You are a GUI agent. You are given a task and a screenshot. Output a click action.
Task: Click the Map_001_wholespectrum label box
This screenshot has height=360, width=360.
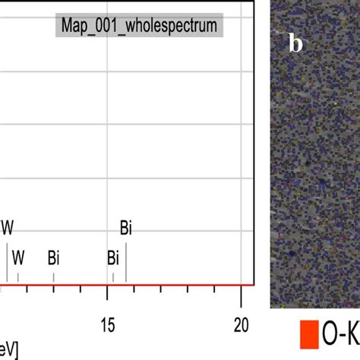138,27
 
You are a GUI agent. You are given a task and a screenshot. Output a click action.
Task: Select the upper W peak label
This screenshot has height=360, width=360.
8,227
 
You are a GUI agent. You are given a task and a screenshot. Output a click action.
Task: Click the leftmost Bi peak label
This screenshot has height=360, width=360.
53,257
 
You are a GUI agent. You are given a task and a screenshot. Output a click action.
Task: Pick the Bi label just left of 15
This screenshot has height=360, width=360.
113,257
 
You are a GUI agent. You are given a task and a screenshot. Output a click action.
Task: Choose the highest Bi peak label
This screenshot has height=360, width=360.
126,227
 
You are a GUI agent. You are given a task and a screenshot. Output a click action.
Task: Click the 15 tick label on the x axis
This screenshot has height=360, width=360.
108,324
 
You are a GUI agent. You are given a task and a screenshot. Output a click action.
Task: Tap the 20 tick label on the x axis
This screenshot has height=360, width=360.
241,324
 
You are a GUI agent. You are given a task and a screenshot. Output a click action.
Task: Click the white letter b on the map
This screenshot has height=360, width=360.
296,44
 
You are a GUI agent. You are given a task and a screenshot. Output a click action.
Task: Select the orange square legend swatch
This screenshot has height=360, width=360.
308,334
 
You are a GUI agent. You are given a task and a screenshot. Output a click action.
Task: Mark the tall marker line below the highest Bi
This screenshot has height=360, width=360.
126,262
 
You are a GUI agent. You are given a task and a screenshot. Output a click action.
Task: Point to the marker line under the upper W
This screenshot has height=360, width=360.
8,262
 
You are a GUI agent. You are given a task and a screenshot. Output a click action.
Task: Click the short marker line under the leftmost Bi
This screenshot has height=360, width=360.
53,278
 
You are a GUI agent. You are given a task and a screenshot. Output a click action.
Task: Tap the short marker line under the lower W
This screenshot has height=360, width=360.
18,278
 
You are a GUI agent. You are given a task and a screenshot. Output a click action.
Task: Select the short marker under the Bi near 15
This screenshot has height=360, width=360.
113,278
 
